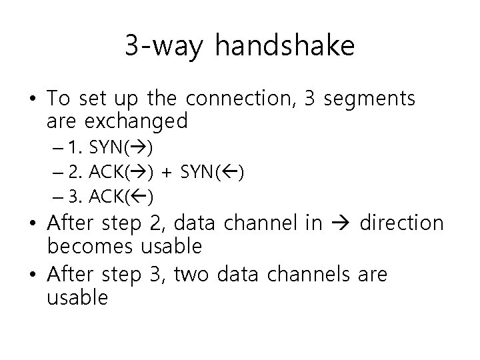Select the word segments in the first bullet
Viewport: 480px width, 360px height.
[x=371, y=99]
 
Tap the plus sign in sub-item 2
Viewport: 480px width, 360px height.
[x=165, y=173]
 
